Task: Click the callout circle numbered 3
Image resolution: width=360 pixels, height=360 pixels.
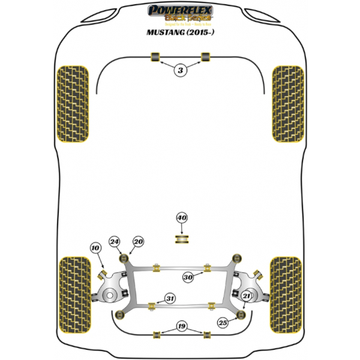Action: pos(179,71)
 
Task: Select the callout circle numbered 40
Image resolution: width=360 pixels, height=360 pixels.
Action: pos(182,218)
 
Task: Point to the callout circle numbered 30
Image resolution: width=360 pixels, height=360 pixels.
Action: pos(188,277)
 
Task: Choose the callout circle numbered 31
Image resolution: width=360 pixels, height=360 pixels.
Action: pos(170,298)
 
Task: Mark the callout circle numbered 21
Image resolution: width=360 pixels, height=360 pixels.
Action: pos(247,296)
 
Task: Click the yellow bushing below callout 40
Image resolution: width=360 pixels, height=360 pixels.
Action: pos(182,240)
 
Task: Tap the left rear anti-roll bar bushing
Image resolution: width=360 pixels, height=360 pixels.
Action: pos(158,334)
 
